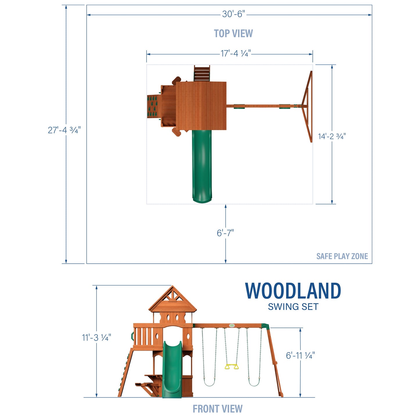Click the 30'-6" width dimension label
[233, 14]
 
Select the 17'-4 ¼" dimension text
[235, 53]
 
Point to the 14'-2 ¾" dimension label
[332, 136]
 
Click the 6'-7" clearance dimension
[225, 233]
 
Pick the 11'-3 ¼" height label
[96, 337]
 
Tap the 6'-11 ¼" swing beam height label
[300, 355]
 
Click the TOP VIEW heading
[233, 33]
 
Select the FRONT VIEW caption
[217, 409]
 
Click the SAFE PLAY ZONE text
[342, 256]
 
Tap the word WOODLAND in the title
[293, 291]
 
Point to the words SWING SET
[293, 307]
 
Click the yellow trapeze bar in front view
[232, 367]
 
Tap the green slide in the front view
[172, 369]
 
